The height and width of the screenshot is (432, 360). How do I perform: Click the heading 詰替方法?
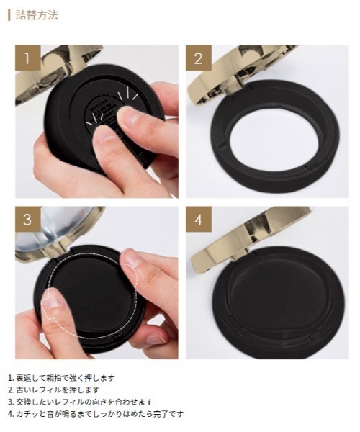pyautogui.click(x=37, y=15)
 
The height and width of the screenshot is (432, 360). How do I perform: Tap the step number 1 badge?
pyautogui.click(x=28, y=58)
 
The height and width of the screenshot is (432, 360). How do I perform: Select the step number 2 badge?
pyautogui.click(x=199, y=58)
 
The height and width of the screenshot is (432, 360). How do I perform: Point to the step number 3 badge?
pyautogui.click(x=28, y=220)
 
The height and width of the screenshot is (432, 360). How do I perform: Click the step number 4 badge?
pyautogui.click(x=199, y=220)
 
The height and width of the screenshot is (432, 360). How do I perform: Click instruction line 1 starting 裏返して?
pyautogui.click(x=61, y=378)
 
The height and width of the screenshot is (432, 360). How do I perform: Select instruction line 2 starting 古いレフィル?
pyautogui.click(x=54, y=390)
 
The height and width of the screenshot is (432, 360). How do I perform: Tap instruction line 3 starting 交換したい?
pyautogui.click(x=80, y=402)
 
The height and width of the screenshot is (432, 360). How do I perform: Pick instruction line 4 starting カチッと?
pyautogui.click(x=96, y=414)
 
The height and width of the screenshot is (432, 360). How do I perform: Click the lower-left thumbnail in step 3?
pyautogui.click(x=53, y=298)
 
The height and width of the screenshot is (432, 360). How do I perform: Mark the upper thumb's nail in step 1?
pyautogui.click(x=129, y=114)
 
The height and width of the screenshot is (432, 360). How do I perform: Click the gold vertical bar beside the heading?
pyautogui.click(x=9, y=15)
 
